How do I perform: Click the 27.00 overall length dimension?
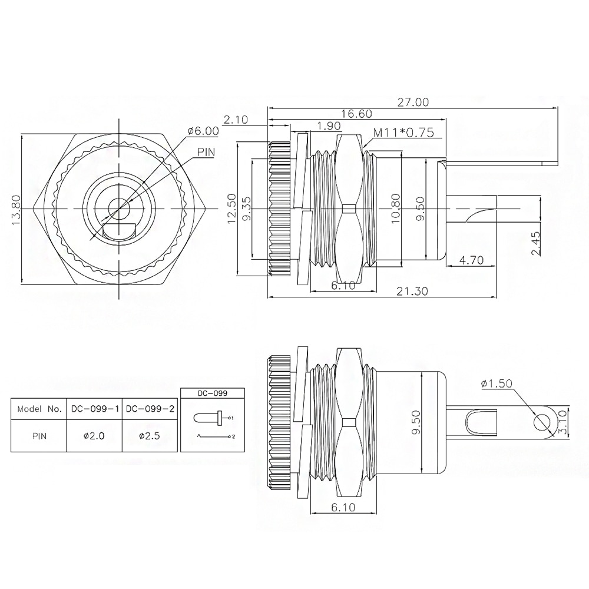point(412,102)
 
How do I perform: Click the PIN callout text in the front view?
point(206,152)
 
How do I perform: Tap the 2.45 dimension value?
point(535,242)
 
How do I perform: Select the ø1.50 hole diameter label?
point(497,383)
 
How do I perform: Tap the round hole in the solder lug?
point(541,422)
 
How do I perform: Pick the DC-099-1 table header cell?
point(94,408)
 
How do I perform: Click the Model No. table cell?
point(39,408)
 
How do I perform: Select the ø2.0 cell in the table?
point(94,436)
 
